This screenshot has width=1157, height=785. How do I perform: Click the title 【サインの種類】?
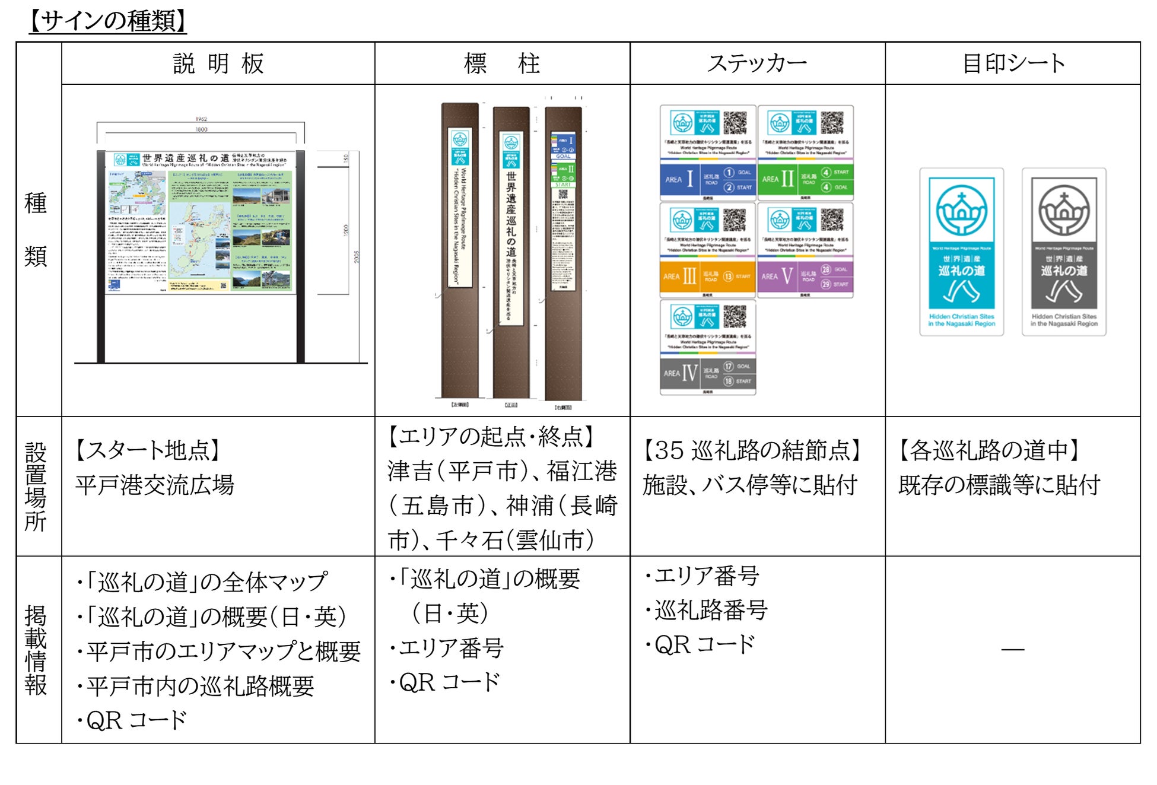tap(108, 21)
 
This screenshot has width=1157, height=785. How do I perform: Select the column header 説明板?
tap(218, 63)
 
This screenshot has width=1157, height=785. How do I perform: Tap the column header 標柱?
tap(502, 63)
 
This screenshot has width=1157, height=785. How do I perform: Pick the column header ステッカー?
tap(757, 63)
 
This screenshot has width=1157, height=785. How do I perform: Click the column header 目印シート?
tap(1013, 63)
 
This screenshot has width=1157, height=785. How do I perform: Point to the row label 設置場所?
tap(36, 487)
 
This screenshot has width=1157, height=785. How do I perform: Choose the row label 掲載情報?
tap(36, 650)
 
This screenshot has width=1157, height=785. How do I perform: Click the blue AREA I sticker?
tap(707, 153)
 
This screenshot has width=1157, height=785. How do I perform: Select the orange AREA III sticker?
tap(707, 250)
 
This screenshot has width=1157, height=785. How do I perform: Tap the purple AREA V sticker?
tap(805, 250)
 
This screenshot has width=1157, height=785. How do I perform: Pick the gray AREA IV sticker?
tap(707, 348)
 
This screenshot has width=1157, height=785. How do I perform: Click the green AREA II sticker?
tap(805, 153)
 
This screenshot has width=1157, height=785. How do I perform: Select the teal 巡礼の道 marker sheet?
tap(961, 252)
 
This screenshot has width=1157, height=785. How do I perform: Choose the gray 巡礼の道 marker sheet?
tap(1064, 252)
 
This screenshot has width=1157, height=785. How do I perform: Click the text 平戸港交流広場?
tap(155, 485)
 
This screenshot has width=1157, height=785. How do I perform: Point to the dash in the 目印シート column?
tap(1013, 650)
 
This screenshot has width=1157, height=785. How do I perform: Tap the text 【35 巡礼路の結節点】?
tap(752, 450)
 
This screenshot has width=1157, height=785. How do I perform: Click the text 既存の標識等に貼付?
tap(999, 485)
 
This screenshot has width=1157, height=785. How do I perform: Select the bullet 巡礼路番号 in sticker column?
tap(710, 610)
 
